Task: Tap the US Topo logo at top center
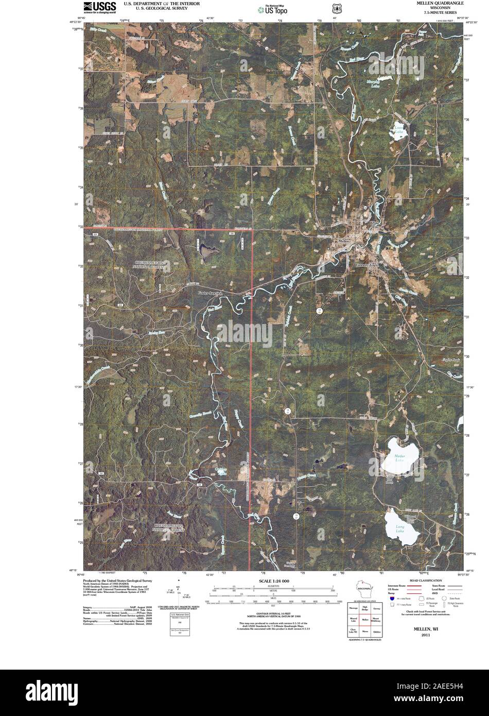[x=273, y=9]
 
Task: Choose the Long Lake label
[x=400, y=527]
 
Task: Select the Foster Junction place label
[x=212, y=293]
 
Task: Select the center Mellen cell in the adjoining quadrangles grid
[x=365, y=620]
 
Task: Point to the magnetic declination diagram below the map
[x=179, y=598]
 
